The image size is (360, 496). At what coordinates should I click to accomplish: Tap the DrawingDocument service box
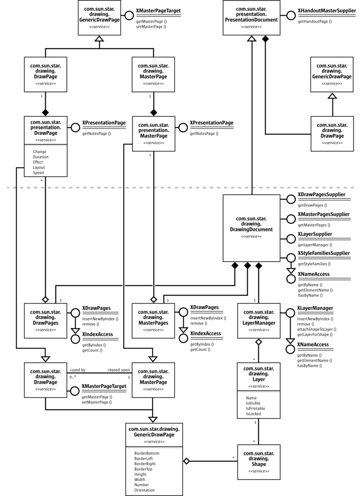[x=250, y=228]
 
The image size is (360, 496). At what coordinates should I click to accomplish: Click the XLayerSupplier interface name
[x=315, y=234]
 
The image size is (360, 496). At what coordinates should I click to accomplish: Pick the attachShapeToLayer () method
[x=317, y=329]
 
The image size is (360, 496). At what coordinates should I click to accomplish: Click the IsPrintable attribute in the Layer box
[x=256, y=408]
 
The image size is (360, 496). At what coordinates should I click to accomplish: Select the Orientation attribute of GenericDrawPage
[x=144, y=490]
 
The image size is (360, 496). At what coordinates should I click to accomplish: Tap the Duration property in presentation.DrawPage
[x=40, y=157]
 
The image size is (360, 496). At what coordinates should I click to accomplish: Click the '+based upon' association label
[x=118, y=370]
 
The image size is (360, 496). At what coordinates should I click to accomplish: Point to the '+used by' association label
[x=77, y=370]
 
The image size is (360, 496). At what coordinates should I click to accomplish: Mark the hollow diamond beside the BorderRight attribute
[x=186, y=461]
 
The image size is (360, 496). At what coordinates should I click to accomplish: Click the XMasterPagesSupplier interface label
[x=324, y=215]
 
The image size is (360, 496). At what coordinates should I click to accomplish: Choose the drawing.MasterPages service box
[x=153, y=320]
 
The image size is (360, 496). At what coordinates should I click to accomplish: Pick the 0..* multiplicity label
[x=72, y=377]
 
